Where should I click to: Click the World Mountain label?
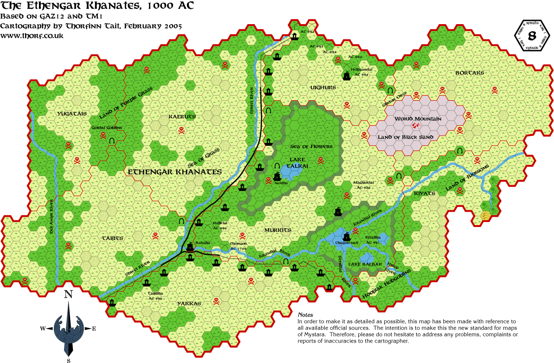point(417,119)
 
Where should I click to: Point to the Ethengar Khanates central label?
point(174,172)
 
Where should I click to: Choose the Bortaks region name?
point(469,73)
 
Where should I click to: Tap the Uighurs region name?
point(323,87)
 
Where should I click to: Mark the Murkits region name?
point(278,230)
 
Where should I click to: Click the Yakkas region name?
point(189,303)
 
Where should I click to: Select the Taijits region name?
point(112,238)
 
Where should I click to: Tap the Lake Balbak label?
point(365,264)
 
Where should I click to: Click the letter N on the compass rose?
point(69,294)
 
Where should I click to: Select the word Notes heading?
point(305,315)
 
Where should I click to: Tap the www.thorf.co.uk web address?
point(32,35)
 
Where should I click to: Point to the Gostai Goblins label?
point(107,128)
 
